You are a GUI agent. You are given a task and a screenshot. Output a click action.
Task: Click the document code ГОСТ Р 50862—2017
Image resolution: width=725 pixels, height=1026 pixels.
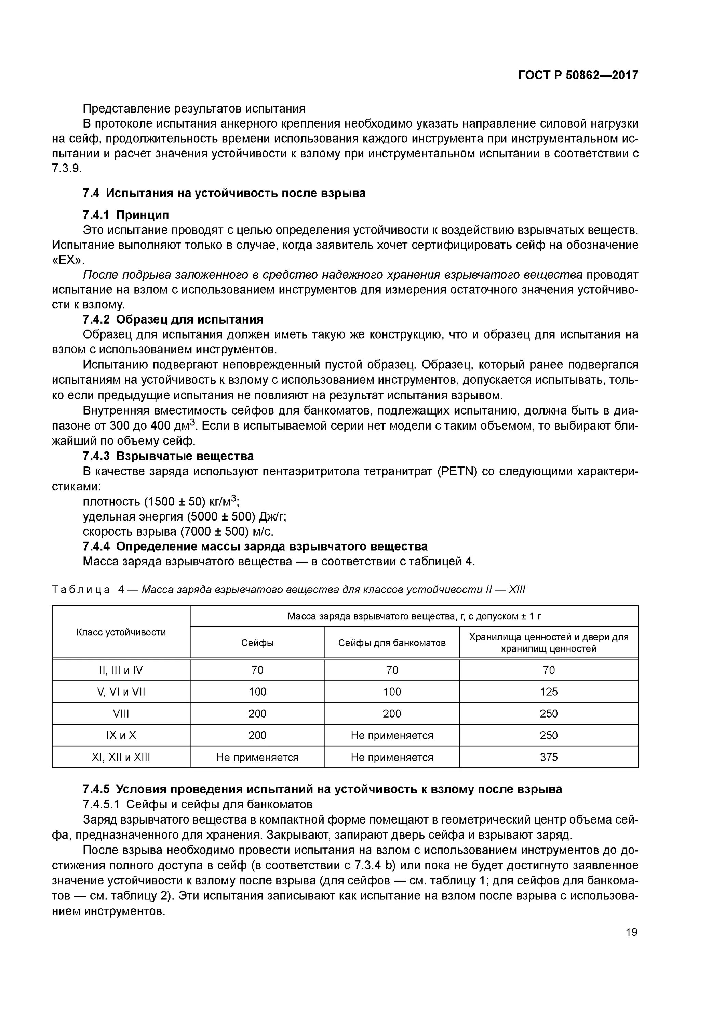pyautogui.click(x=578, y=75)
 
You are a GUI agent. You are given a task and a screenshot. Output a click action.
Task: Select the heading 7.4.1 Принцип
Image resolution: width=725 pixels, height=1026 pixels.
pyautogui.click(x=126, y=215)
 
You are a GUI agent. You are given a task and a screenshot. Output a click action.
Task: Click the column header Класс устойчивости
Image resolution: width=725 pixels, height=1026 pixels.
pyautogui.click(x=121, y=632)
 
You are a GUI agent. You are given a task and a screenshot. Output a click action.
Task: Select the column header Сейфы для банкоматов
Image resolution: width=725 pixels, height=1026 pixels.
pyautogui.click(x=392, y=643)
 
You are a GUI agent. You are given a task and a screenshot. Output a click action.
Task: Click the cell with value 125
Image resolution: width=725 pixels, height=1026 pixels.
pyautogui.click(x=549, y=692)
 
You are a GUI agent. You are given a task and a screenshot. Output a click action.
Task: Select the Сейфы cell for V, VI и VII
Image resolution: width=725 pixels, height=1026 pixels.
pyautogui.click(x=257, y=692)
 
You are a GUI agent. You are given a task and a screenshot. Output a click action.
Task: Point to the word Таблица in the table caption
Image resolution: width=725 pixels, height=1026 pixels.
pyautogui.click(x=81, y=590)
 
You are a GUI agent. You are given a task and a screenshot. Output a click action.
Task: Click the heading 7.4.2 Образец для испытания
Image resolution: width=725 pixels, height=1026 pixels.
pyautogui.click(x=173, y=319)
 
